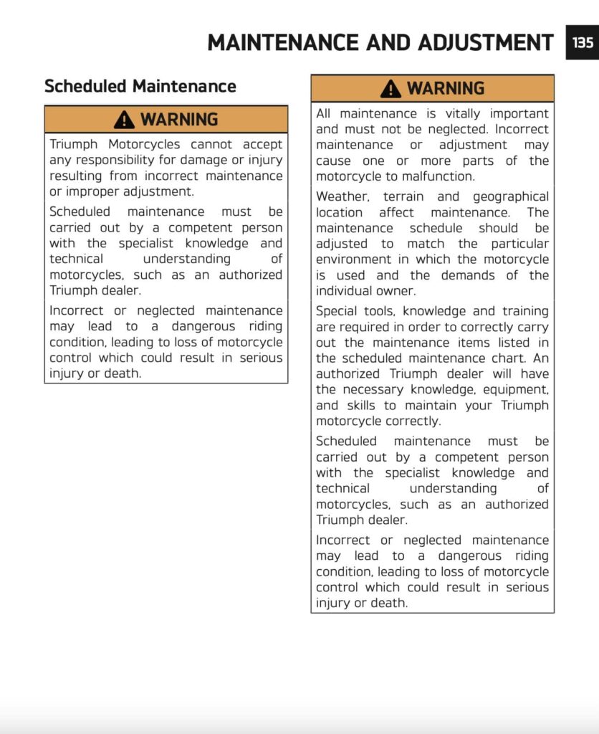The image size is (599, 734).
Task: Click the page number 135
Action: (x=583, y=42)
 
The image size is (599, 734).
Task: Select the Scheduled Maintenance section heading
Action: (x=140, y=87)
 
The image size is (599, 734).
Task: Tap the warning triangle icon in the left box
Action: (x=124, y=119)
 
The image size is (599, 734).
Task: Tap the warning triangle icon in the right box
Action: (x=390, y=88)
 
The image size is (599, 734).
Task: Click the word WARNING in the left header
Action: (x=179, y=120)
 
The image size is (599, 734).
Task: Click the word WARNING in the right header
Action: (x=446, y=89)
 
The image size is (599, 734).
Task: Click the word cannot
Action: (x=206, y=145)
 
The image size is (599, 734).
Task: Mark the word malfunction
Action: (x=439, y=177)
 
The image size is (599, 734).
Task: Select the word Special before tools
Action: (x=338, y=312)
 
